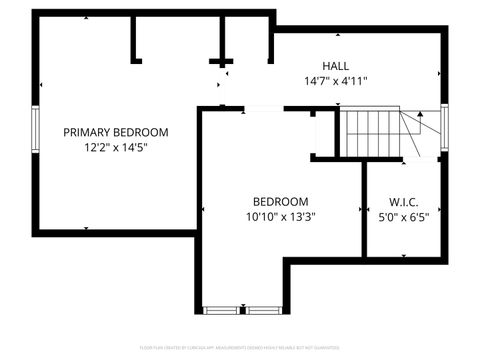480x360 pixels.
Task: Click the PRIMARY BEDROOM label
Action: (x=116, y=132)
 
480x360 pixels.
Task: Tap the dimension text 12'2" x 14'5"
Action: (x=116, y=148)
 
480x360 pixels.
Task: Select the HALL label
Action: (x=336, y=66)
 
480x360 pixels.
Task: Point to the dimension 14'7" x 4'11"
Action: (x=336, y=82)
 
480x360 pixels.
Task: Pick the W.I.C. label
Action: (x=403, y=201)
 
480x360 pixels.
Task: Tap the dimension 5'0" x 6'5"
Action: (x=403, y=216)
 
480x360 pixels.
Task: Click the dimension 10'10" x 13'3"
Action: (x=280, y=216)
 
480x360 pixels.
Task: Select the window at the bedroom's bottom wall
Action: (x=241, y=309)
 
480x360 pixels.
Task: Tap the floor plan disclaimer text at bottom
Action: (x=240, y=347)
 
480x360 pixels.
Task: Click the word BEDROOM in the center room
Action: (x=280, y=201)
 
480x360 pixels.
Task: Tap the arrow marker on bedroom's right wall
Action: (x=357, y=210)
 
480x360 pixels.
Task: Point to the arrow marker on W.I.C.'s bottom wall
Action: (x=403, y=249)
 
